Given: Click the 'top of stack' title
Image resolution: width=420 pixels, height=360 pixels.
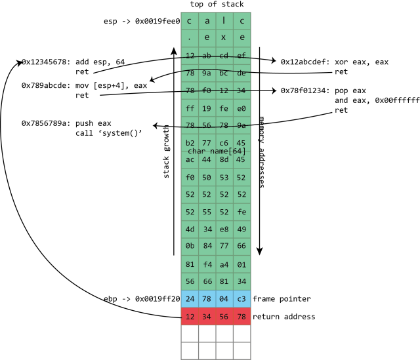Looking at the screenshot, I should [x=216, y=5].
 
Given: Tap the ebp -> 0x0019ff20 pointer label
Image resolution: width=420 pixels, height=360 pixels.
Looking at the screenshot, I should [x=142, y=298].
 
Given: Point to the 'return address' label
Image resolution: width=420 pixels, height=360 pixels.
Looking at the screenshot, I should [x=283, y=317].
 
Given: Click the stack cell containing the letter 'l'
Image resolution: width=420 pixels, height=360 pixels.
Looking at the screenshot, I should [x=224, y=21].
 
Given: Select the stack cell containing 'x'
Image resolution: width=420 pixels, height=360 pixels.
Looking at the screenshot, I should [x=224, y=38].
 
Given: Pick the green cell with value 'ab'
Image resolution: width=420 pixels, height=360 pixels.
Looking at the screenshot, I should [x=207, y=56].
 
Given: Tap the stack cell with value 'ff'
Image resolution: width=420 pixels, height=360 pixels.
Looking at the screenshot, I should [x=190, y=108].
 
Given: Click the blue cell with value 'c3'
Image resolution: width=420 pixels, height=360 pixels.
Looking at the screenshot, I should [x=241, y=299].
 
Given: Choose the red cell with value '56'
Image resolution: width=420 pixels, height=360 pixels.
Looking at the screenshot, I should [x=224, y=317].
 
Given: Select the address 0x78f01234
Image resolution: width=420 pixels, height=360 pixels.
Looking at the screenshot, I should [x=305, y=90].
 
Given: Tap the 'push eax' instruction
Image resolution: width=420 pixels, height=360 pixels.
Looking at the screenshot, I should [x=95, y=123].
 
